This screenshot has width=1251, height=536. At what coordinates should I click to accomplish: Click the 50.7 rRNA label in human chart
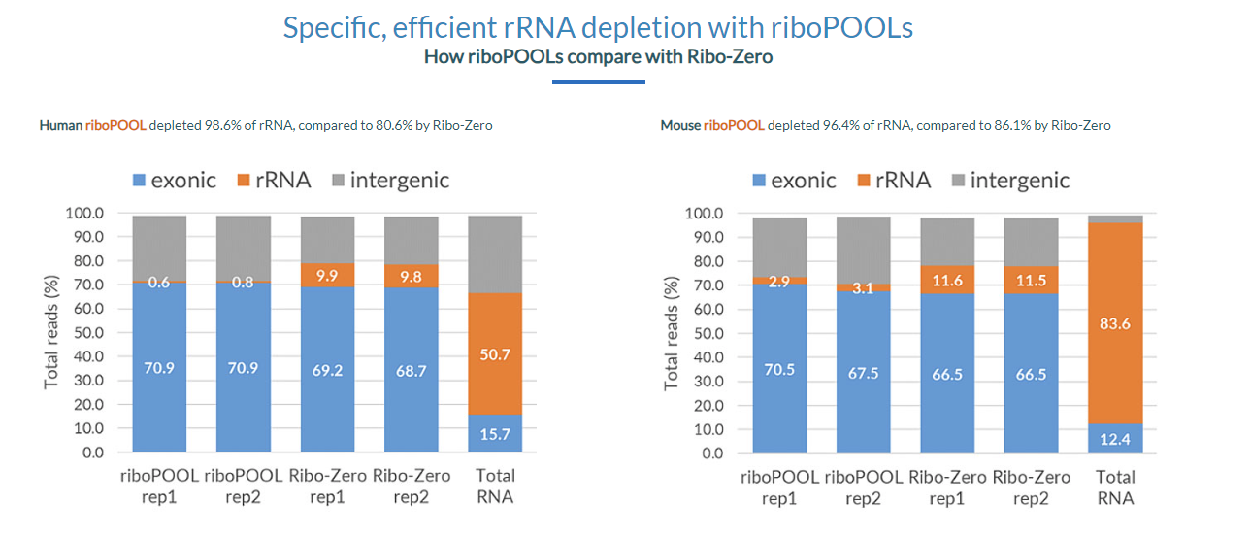tap(495, 355)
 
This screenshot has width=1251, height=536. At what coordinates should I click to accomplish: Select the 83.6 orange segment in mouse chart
tap(1115, 323)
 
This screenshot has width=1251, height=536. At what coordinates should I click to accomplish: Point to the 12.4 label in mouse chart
tap(1115, 440)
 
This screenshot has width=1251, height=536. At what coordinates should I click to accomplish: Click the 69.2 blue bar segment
tap(327, 369)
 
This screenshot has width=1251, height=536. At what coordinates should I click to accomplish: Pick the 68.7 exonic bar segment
tap(411, 369)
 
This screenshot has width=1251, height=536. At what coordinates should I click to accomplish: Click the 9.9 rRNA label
tap(327, 276)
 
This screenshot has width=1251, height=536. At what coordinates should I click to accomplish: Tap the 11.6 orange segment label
tap(947, 280)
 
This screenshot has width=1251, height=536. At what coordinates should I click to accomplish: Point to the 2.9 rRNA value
tap(779, 281)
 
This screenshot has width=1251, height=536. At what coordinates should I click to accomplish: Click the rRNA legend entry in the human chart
tap(277, 180)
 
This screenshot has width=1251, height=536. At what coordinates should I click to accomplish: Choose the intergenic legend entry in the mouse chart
tap(1008, 180)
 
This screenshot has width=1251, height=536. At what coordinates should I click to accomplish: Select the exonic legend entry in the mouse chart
tap(793, 180)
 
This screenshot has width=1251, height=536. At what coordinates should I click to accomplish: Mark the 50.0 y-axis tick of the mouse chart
tap(704, 333)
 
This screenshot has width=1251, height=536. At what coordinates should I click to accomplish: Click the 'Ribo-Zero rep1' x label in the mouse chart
tap(947, 486)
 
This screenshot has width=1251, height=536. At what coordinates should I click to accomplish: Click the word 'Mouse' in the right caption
tap(679, 126)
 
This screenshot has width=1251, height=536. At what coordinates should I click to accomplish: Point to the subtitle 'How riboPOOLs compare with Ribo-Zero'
tap(598, 56)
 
